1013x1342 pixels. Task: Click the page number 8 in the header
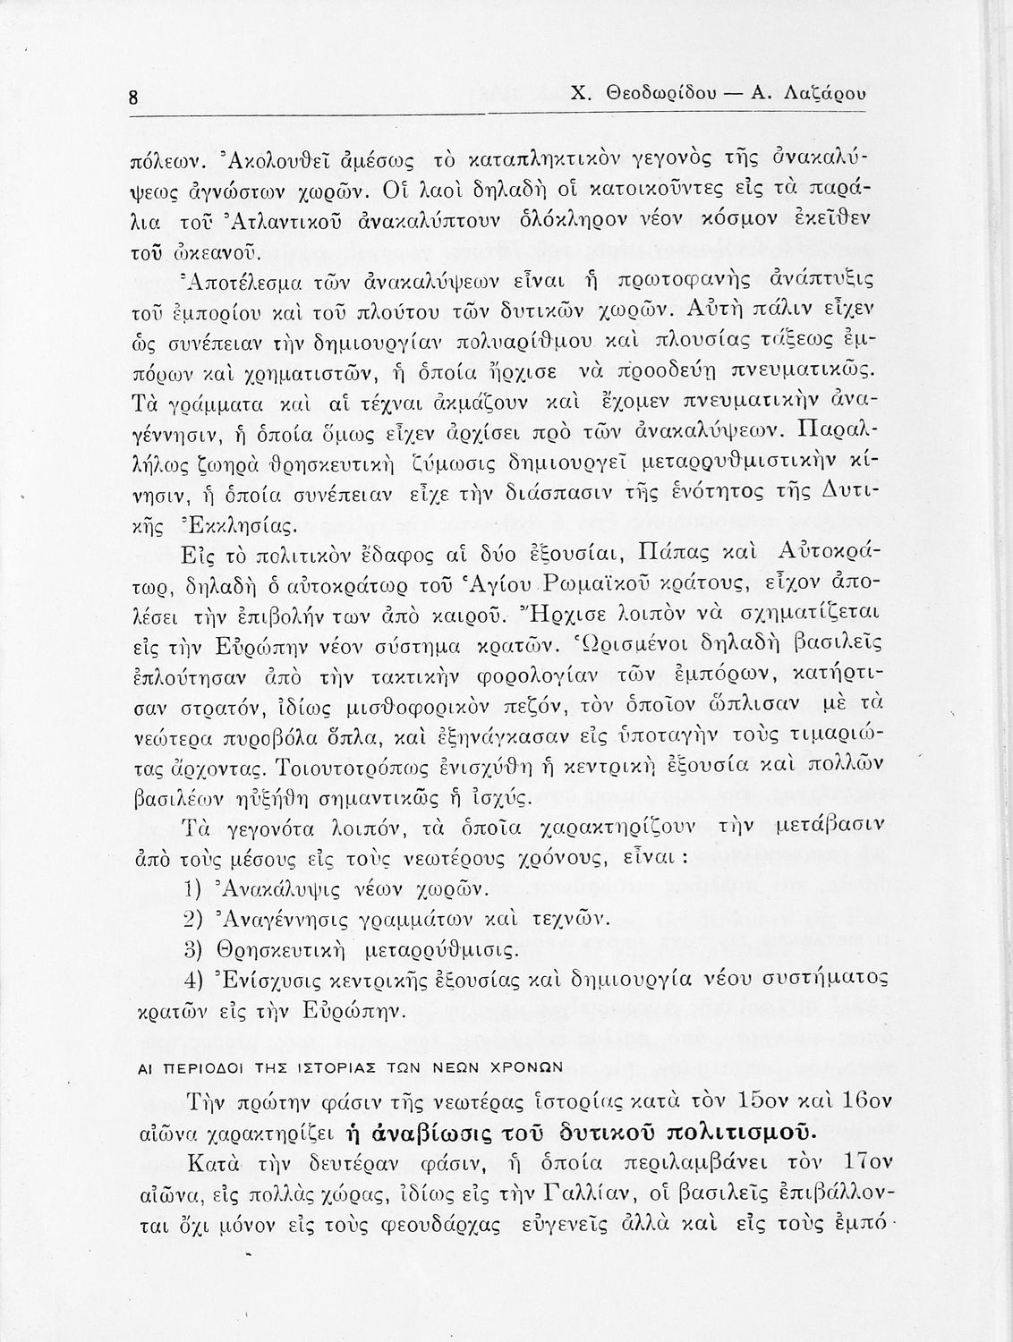(x=132, y=97)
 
